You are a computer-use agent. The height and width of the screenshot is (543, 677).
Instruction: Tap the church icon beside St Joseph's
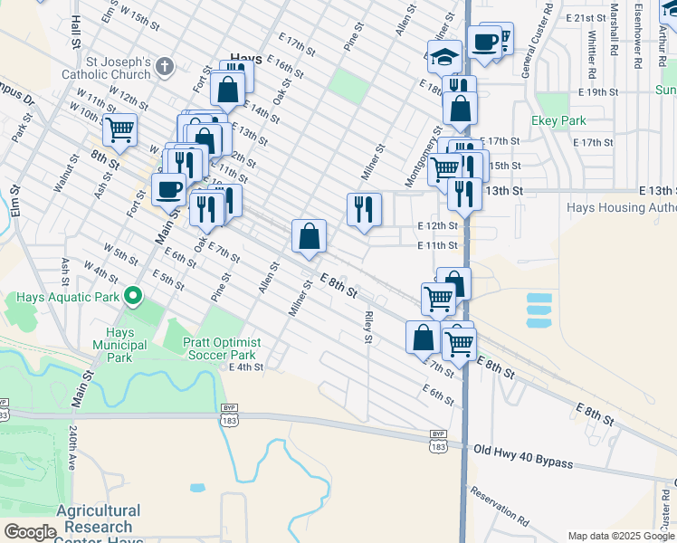[165, 65]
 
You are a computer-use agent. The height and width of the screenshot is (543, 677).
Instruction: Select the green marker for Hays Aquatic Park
[134, 296]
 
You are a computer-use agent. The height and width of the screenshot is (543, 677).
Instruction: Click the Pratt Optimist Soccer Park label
[222, 349]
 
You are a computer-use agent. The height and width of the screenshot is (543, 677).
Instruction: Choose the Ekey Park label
[559, 120]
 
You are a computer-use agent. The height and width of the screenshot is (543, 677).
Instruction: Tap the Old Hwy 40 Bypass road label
[522, 456]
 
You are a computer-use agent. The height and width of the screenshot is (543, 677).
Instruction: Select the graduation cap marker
[443, 58]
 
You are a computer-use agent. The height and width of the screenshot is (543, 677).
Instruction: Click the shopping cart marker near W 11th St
[119, 129]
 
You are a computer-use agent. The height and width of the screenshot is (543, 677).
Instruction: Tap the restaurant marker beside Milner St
[364, 209]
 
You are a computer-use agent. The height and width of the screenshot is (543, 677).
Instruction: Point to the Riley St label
[367, 328]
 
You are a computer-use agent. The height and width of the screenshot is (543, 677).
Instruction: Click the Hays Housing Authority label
[621, 207]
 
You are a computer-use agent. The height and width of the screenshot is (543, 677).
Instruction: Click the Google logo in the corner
[29, 532]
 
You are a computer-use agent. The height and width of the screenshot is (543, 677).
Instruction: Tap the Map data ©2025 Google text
[620, 536]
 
